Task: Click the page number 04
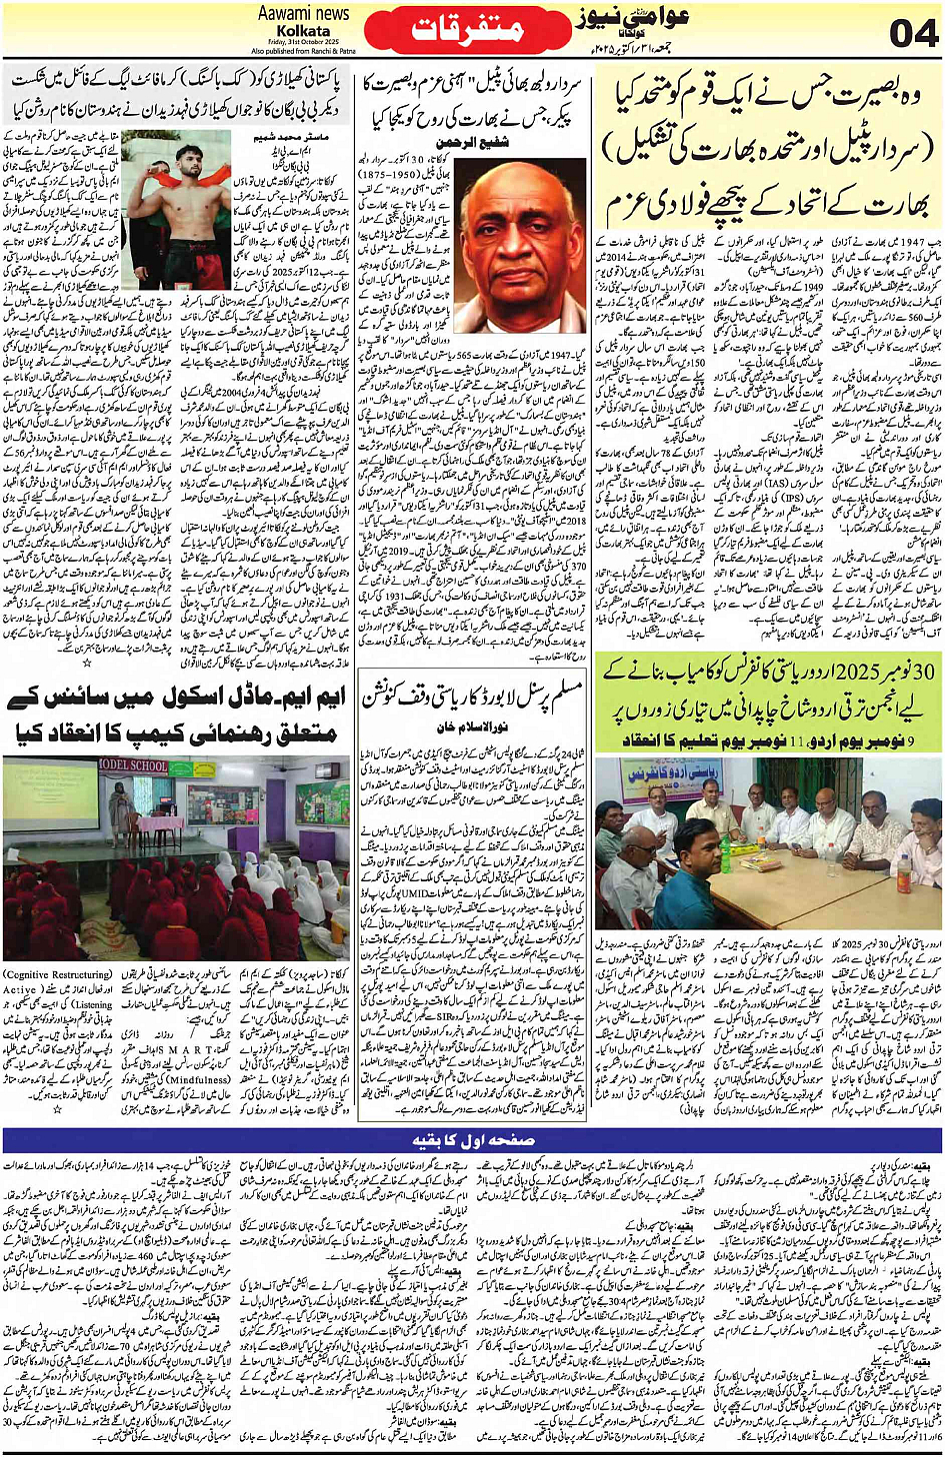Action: (914, 34)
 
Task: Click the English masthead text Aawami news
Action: (303, 13)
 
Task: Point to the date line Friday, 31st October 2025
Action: (304, 42)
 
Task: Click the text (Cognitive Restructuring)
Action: (58, 973)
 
